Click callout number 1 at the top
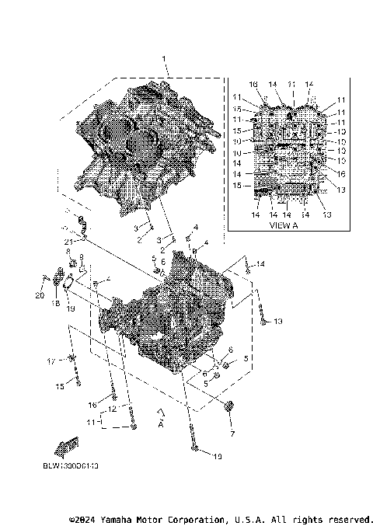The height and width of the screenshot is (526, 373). pyautogui.click(x=164, y=60)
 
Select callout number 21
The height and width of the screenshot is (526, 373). pyautogui.click(x=68, y=243)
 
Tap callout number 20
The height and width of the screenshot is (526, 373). pyautogui.click(x=40, y=296)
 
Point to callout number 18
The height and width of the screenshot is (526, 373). pyautogui.click(x=56, y=304)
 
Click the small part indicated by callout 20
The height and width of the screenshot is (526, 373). pyautogui.click(x=47, y=278)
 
